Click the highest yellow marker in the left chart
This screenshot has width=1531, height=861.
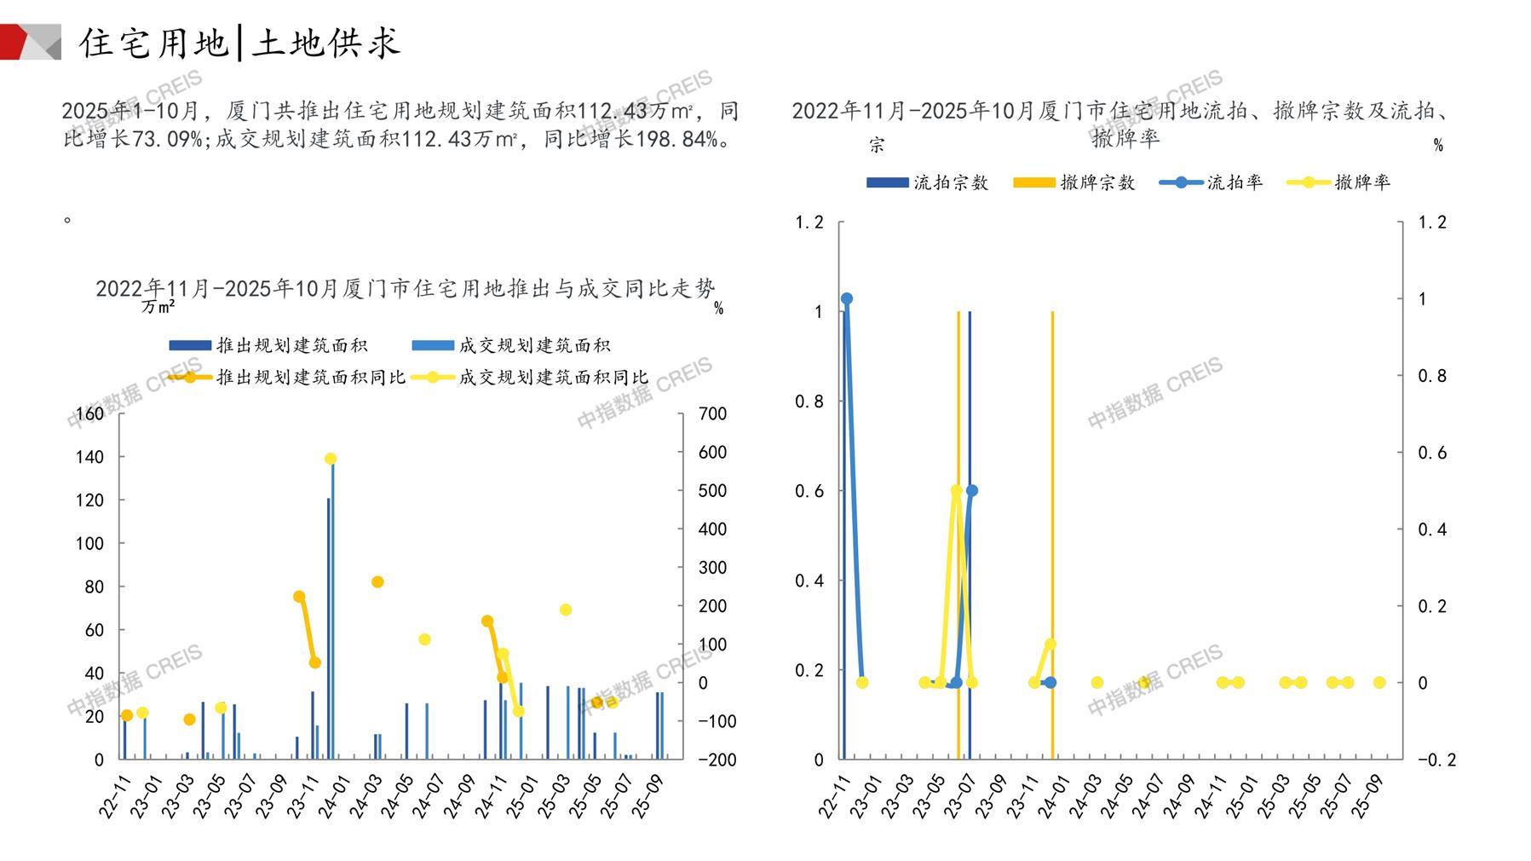[331, 459]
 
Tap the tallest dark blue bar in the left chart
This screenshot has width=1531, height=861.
[328, 628]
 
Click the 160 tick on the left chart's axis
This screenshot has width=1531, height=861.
[89, 413]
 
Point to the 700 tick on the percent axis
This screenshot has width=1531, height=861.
[713, 413]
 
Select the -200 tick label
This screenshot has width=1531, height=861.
[717, 760]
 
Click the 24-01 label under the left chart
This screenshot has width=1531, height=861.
[333, 796]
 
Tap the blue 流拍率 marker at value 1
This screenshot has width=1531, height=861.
[847, 299]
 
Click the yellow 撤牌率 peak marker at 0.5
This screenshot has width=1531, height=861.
[956, 491]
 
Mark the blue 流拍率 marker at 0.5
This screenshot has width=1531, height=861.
[972, 491]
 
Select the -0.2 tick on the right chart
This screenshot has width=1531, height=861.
[1436, 760]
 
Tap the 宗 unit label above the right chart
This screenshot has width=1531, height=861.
[877, 145]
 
